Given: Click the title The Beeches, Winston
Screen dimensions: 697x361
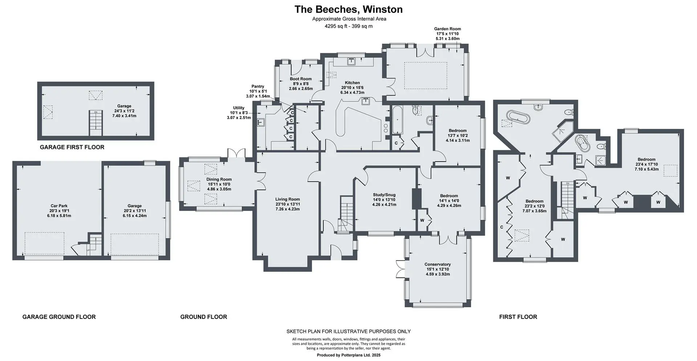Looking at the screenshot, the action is pos(348,9).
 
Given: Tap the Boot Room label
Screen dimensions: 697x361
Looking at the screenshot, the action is pos(301,79).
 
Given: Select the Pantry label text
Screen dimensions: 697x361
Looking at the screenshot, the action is pos(258,86).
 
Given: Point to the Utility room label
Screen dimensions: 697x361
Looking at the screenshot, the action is pos(239,108).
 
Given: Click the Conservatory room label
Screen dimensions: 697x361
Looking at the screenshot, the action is pos(438,264).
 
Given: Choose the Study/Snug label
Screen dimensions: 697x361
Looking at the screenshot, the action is pos(384,195).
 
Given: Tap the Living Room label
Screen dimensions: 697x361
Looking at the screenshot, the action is pos(288,199).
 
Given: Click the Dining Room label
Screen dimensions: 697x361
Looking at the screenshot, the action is pos(219,179).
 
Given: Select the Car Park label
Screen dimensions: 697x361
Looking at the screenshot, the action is pos(59,206).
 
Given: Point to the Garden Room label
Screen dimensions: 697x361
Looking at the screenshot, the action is pos(447,29).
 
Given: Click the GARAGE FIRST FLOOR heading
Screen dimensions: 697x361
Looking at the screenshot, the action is pos(72,147).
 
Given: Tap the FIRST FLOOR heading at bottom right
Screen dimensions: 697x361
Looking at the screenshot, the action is pos(518,317).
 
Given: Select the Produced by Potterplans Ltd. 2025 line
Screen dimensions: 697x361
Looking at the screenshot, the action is pos(348,355).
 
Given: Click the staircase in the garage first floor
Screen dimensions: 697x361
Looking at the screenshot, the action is pos(96,123).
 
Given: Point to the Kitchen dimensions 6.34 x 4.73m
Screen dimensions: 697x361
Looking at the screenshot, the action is pos(352,93).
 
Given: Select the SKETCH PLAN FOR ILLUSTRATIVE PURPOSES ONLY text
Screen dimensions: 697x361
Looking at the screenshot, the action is pos(348,331).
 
